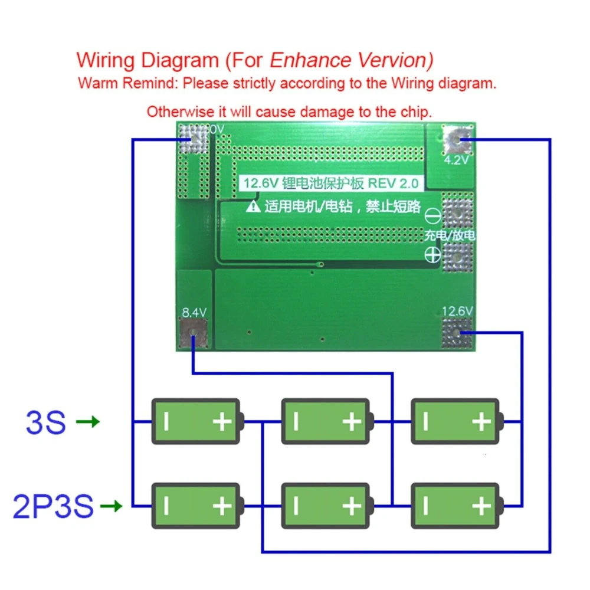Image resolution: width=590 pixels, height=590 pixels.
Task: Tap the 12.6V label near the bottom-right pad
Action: (x=458, y=311)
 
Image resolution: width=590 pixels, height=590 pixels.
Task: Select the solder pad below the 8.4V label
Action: (x=193, y=335)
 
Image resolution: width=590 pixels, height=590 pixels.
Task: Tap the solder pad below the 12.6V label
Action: (x=458, y=333)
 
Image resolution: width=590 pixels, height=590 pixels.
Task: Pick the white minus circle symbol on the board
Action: (x=433, y=216)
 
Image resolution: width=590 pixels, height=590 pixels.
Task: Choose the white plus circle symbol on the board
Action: (x=433, y=255)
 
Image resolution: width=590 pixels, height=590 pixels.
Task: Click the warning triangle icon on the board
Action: (x=253, y=206)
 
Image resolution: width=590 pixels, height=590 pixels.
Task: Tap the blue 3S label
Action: (x=45, y=422)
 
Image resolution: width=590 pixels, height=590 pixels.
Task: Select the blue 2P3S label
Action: (x=53, y=506)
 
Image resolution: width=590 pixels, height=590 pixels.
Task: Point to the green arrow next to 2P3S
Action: (x=111, y=506)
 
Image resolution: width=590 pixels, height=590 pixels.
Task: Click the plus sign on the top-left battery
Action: (x=222, y=422)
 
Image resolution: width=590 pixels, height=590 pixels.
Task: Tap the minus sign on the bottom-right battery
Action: (x=425, y=506)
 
